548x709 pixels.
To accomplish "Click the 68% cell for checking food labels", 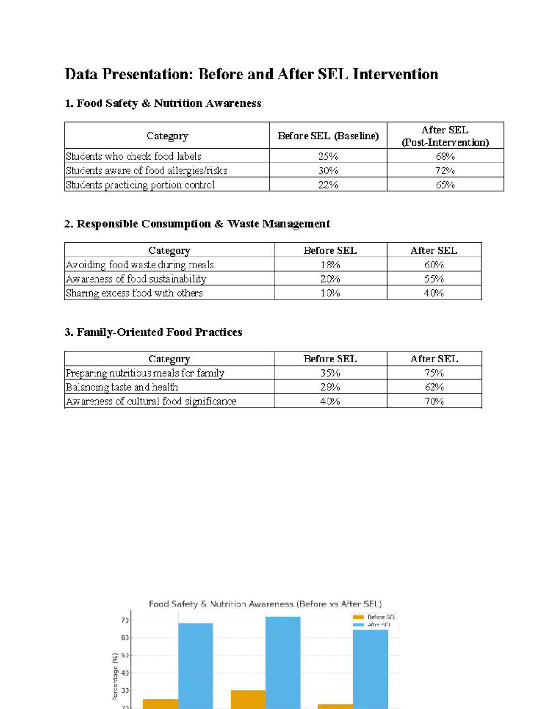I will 445,156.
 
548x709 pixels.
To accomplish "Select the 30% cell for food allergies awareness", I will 328,170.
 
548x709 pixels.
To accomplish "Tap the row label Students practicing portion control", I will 140,184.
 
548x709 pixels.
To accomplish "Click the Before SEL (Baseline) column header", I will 328,136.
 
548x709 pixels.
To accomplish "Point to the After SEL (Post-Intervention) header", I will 445,136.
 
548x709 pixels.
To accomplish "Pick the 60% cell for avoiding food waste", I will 433,264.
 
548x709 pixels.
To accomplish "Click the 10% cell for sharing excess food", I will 330,293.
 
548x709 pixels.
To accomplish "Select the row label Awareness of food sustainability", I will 136,278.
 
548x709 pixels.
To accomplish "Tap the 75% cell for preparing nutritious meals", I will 434,373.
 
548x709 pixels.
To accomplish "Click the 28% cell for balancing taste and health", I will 330,387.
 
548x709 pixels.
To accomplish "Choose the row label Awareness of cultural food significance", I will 151,401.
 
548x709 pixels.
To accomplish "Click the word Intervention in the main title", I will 395,74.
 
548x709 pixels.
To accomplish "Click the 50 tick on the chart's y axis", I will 125,655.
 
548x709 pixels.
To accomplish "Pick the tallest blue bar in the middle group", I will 283,662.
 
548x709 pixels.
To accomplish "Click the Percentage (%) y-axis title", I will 115,676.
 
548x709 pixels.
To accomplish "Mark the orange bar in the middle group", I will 248,699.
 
